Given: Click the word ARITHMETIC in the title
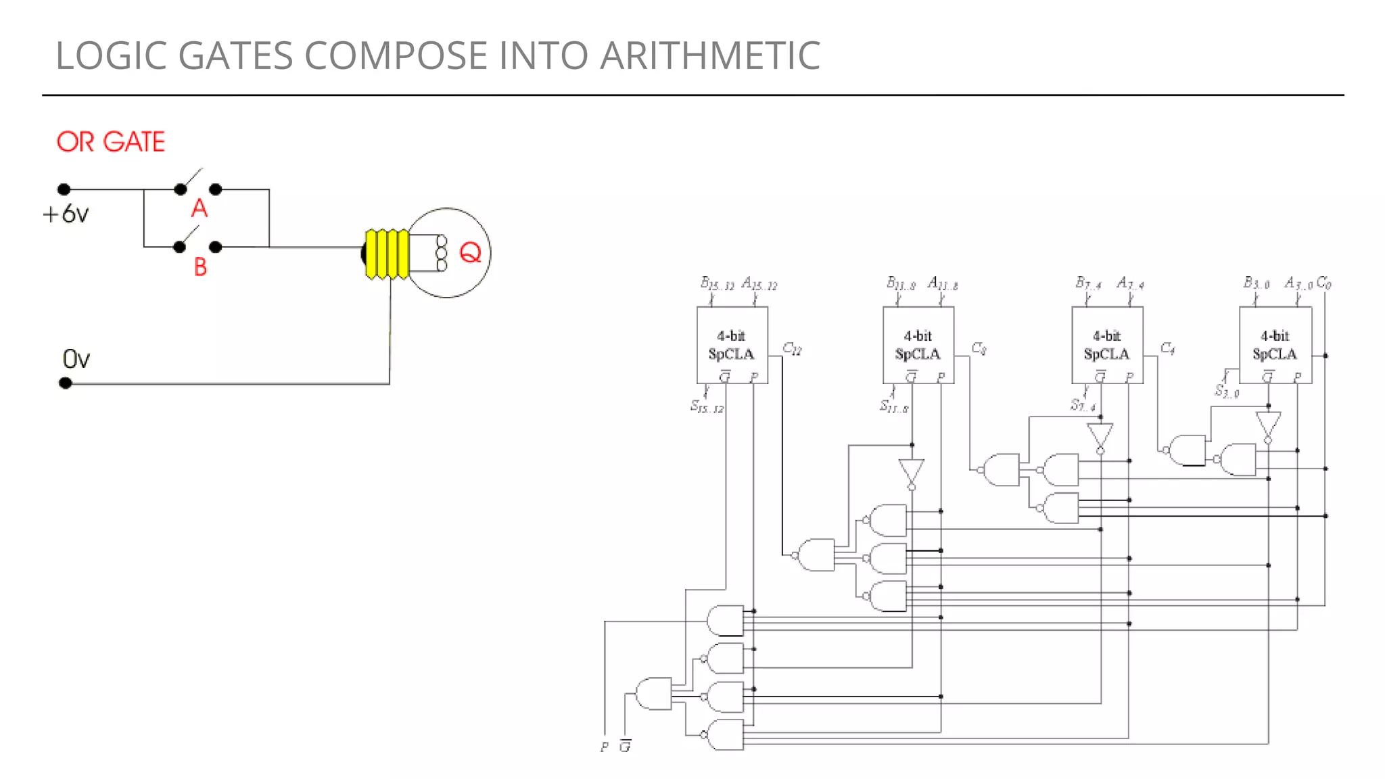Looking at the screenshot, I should point(709,55).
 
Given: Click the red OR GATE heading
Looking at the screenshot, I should point(111,142).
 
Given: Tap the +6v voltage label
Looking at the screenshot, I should point(66,214).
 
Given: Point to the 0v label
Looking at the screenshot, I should point(76,359).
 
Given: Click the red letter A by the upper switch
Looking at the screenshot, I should point(199,208).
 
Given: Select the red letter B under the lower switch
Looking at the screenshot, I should point(200,267).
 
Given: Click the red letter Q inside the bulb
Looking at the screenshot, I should point(470,253).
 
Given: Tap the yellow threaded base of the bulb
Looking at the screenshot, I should point(387,254).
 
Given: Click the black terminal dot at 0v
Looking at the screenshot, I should point(66,383).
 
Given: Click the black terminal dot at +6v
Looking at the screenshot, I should point(64,189).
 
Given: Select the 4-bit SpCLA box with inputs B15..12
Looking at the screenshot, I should point(732,345).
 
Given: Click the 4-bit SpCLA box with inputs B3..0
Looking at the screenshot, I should point(1275,345).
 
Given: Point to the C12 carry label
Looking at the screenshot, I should point(792,349).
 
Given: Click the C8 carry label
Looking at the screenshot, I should point(979,349).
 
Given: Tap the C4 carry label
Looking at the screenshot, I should point(1167,349).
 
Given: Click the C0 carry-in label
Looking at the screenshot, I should point(1324,283).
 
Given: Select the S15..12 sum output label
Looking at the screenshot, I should point(707,406).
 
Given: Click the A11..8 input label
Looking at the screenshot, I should point(943,283).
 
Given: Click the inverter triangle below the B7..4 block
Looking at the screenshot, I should point(1100,435).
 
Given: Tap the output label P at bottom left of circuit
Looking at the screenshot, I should point(604,747).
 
